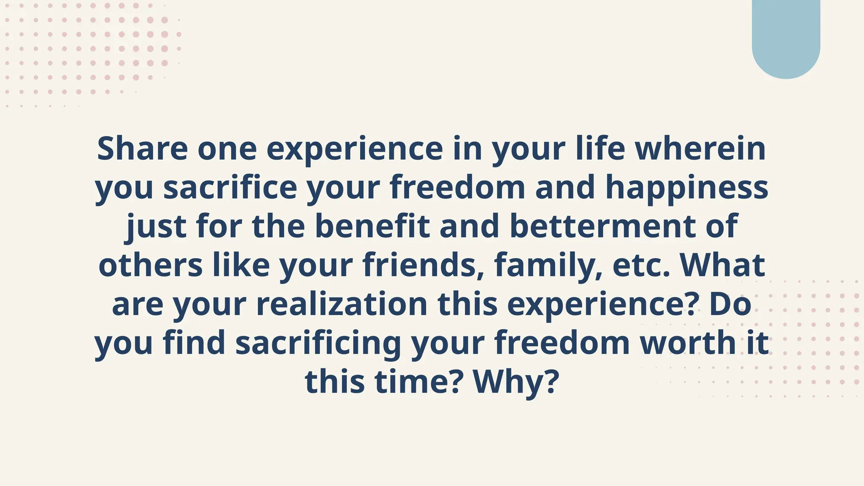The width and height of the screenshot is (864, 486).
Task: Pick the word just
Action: (157, 227)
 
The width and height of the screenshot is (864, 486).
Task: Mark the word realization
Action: (342, 304)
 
